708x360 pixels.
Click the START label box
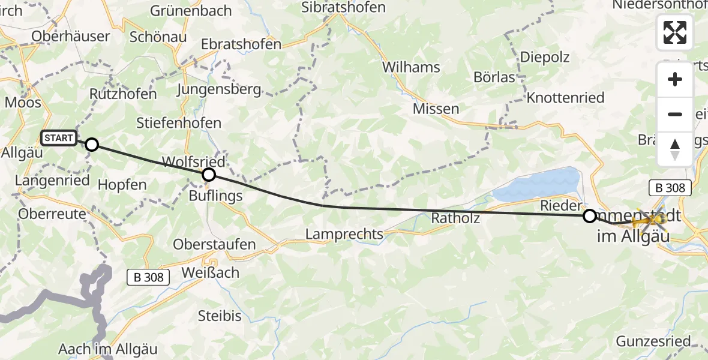click(59, 139)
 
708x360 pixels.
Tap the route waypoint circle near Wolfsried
click(208, 175)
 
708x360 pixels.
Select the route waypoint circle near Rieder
click(590, 215)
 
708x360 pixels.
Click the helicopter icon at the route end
click(649, 222)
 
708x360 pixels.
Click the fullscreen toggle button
click(675, 32)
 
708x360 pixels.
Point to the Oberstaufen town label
click(214, 245)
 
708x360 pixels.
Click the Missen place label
click(436, 109)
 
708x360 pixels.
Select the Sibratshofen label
click(343, 8)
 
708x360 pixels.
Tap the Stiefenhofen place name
click(179, 124)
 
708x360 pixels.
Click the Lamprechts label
click(344, 234)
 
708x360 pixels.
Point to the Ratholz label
click(455, 218)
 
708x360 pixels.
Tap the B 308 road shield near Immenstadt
click(670, 187)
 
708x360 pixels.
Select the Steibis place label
click(220, 316)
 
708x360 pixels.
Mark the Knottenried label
click(565, 98)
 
